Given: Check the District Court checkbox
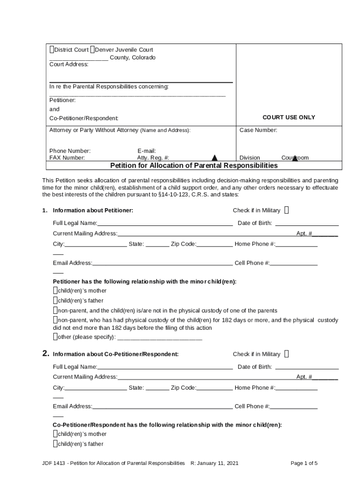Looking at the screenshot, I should [x=51, y=50].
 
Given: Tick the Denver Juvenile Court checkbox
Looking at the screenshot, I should [x=92, y=50].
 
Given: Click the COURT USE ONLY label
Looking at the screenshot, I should [x=288, y=117].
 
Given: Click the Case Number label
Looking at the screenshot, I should [x=258, y=130].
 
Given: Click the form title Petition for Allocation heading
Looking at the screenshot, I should [x=194, y=166].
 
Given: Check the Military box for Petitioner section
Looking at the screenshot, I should [x=287, y=210].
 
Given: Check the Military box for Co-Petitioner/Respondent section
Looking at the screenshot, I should [x=287, y=354].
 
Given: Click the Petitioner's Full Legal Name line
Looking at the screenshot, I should [x=165, y=223].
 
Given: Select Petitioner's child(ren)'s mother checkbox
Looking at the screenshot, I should [x=55, y=290].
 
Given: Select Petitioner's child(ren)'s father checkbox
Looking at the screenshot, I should [x=55, y=300].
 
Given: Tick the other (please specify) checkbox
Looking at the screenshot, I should [x=55, y=336].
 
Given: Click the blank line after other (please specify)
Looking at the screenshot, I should [x=159, y=337].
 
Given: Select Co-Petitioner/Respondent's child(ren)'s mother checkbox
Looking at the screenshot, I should [x=55, y=434].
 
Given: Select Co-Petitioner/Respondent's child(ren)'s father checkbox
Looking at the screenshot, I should [x=55, y=443].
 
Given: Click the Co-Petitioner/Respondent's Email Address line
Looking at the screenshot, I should [x=162, y=406].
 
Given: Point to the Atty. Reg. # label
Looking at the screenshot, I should [x=153, y=158].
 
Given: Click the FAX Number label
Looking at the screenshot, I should [x=67, y=158].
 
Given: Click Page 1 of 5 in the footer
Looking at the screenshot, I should [x=304, y=463].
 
